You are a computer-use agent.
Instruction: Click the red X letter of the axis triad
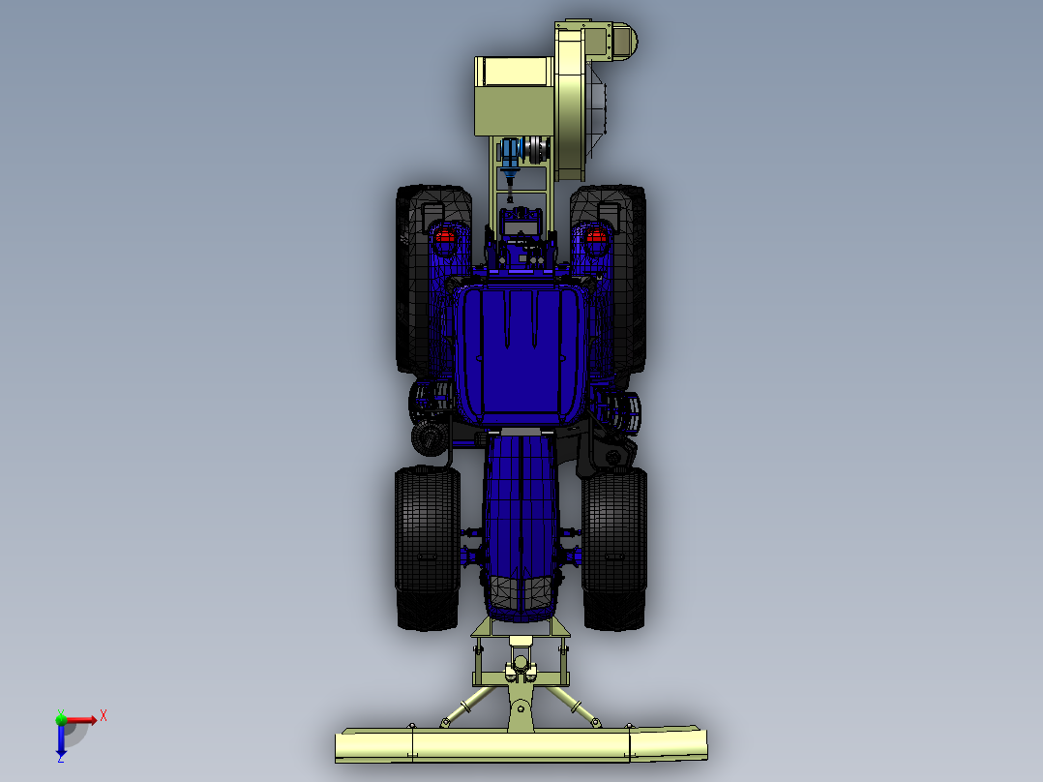tap(104, 715)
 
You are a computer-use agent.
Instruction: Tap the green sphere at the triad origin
tap(61, 718)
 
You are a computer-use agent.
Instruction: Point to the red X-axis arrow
tap(83, 719)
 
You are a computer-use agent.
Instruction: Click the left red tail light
tap(444, 235)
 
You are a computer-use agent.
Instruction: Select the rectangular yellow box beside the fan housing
tap(513, 97)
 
